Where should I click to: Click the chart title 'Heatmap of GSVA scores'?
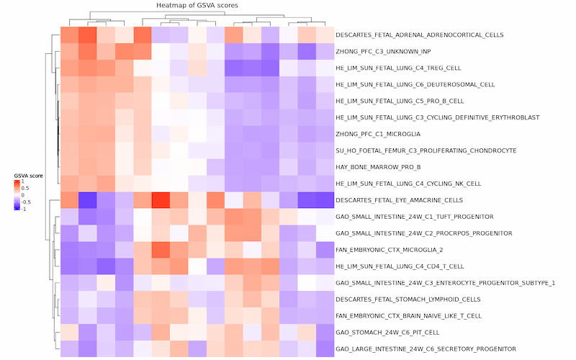(197, 5)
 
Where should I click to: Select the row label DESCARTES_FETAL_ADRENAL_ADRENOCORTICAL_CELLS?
(420, 35)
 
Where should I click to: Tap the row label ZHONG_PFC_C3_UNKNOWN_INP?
(383, 51)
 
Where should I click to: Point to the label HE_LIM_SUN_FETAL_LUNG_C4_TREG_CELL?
(398, 68)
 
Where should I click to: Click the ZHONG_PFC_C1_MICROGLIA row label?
(378, 134)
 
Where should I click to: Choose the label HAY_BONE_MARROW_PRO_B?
(378, 167)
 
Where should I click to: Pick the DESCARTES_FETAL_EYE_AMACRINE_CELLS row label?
(400, 200)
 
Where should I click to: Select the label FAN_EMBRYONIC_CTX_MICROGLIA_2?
(390, 250)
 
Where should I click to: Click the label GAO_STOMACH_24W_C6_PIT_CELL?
(387, 333)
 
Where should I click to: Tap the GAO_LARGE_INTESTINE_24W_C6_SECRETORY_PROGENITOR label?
(426, 349)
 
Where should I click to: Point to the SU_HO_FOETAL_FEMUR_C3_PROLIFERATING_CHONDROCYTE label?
(426, 150)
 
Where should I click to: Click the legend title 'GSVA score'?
(28, 176)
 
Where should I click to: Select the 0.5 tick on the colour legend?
(25, 188)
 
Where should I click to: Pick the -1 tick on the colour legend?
(24, 209)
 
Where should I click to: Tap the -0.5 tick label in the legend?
(26, 202)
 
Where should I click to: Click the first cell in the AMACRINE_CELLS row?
(70, 200)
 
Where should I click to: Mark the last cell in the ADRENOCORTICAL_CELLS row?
(325, 35)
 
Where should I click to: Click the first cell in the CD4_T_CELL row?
(70, 266)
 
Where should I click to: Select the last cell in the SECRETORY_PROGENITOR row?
(325, 349)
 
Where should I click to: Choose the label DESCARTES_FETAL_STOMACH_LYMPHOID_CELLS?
(408, 300)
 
